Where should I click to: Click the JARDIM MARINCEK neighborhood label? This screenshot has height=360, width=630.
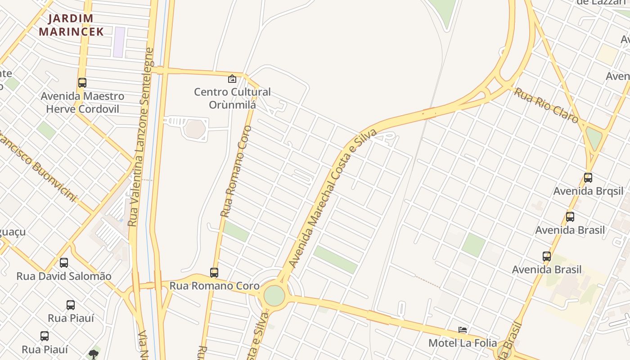coord(71,25)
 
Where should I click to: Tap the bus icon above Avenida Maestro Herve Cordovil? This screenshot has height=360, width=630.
coord(82,83)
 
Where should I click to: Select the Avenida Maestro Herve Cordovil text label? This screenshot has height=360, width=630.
coord(82,103)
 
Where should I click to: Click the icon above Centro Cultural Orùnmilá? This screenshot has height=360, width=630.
coord(232,79)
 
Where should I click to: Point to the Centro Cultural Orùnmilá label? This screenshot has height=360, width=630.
coord(232,98)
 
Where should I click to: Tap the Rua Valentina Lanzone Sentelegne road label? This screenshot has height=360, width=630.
coord(140,137)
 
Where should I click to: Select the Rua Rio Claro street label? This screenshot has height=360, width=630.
coord(546,105)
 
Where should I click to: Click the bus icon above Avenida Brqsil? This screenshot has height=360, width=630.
coord(588,178)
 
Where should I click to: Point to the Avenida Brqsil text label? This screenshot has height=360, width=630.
coord(588,191)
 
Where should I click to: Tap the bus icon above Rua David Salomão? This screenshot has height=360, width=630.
coord(64,263)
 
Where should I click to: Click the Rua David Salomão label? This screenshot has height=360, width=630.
coord(64,276)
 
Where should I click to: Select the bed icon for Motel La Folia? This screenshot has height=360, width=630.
coord(463,330)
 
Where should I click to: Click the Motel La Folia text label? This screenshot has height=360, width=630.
coord(463,343)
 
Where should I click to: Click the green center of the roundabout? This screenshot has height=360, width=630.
coord(274,295)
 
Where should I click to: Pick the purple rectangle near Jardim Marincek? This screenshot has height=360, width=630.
coord(119,42)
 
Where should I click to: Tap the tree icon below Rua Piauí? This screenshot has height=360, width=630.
coord(94,354)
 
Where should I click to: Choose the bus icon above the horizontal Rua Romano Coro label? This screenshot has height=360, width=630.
coord(214,273)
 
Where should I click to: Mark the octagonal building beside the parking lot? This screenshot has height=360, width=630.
coord(195,129)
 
